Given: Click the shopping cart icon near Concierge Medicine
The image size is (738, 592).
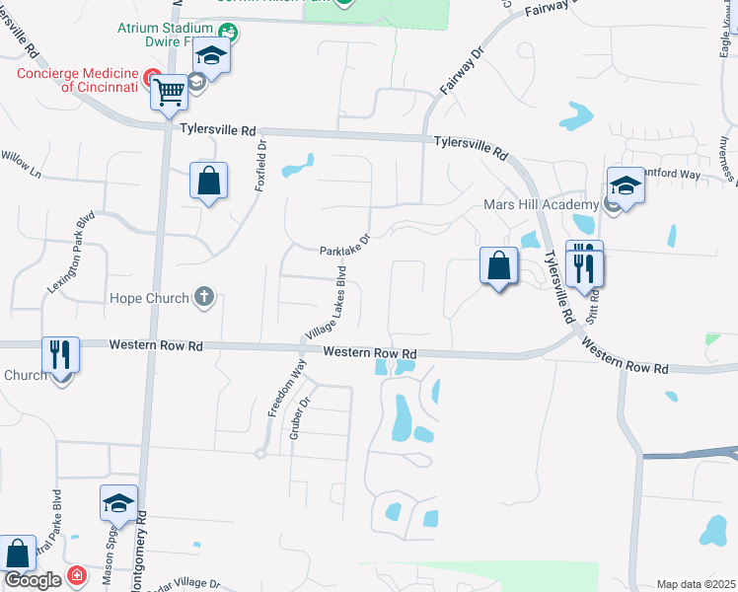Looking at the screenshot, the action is tap(170, 93).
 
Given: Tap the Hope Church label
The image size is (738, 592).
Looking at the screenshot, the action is tap(150, 297).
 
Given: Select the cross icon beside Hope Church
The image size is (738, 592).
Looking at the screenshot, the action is tap(204, 297).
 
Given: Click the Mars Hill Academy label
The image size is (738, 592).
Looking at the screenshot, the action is tap(541, 204).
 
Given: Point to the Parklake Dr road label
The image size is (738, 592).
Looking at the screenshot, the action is tap(343, 244).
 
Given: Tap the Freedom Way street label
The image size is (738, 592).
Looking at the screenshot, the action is tap(286, 388).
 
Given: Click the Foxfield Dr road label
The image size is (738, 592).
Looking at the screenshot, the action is tap(262, 164).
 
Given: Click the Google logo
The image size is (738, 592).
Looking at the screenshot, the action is tap(33, 581).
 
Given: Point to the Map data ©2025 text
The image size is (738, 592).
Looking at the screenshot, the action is tap(697, 584).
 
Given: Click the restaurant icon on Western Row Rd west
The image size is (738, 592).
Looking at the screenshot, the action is tap(61, 354).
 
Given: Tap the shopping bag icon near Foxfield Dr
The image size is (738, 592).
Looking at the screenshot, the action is tap(209, 182).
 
